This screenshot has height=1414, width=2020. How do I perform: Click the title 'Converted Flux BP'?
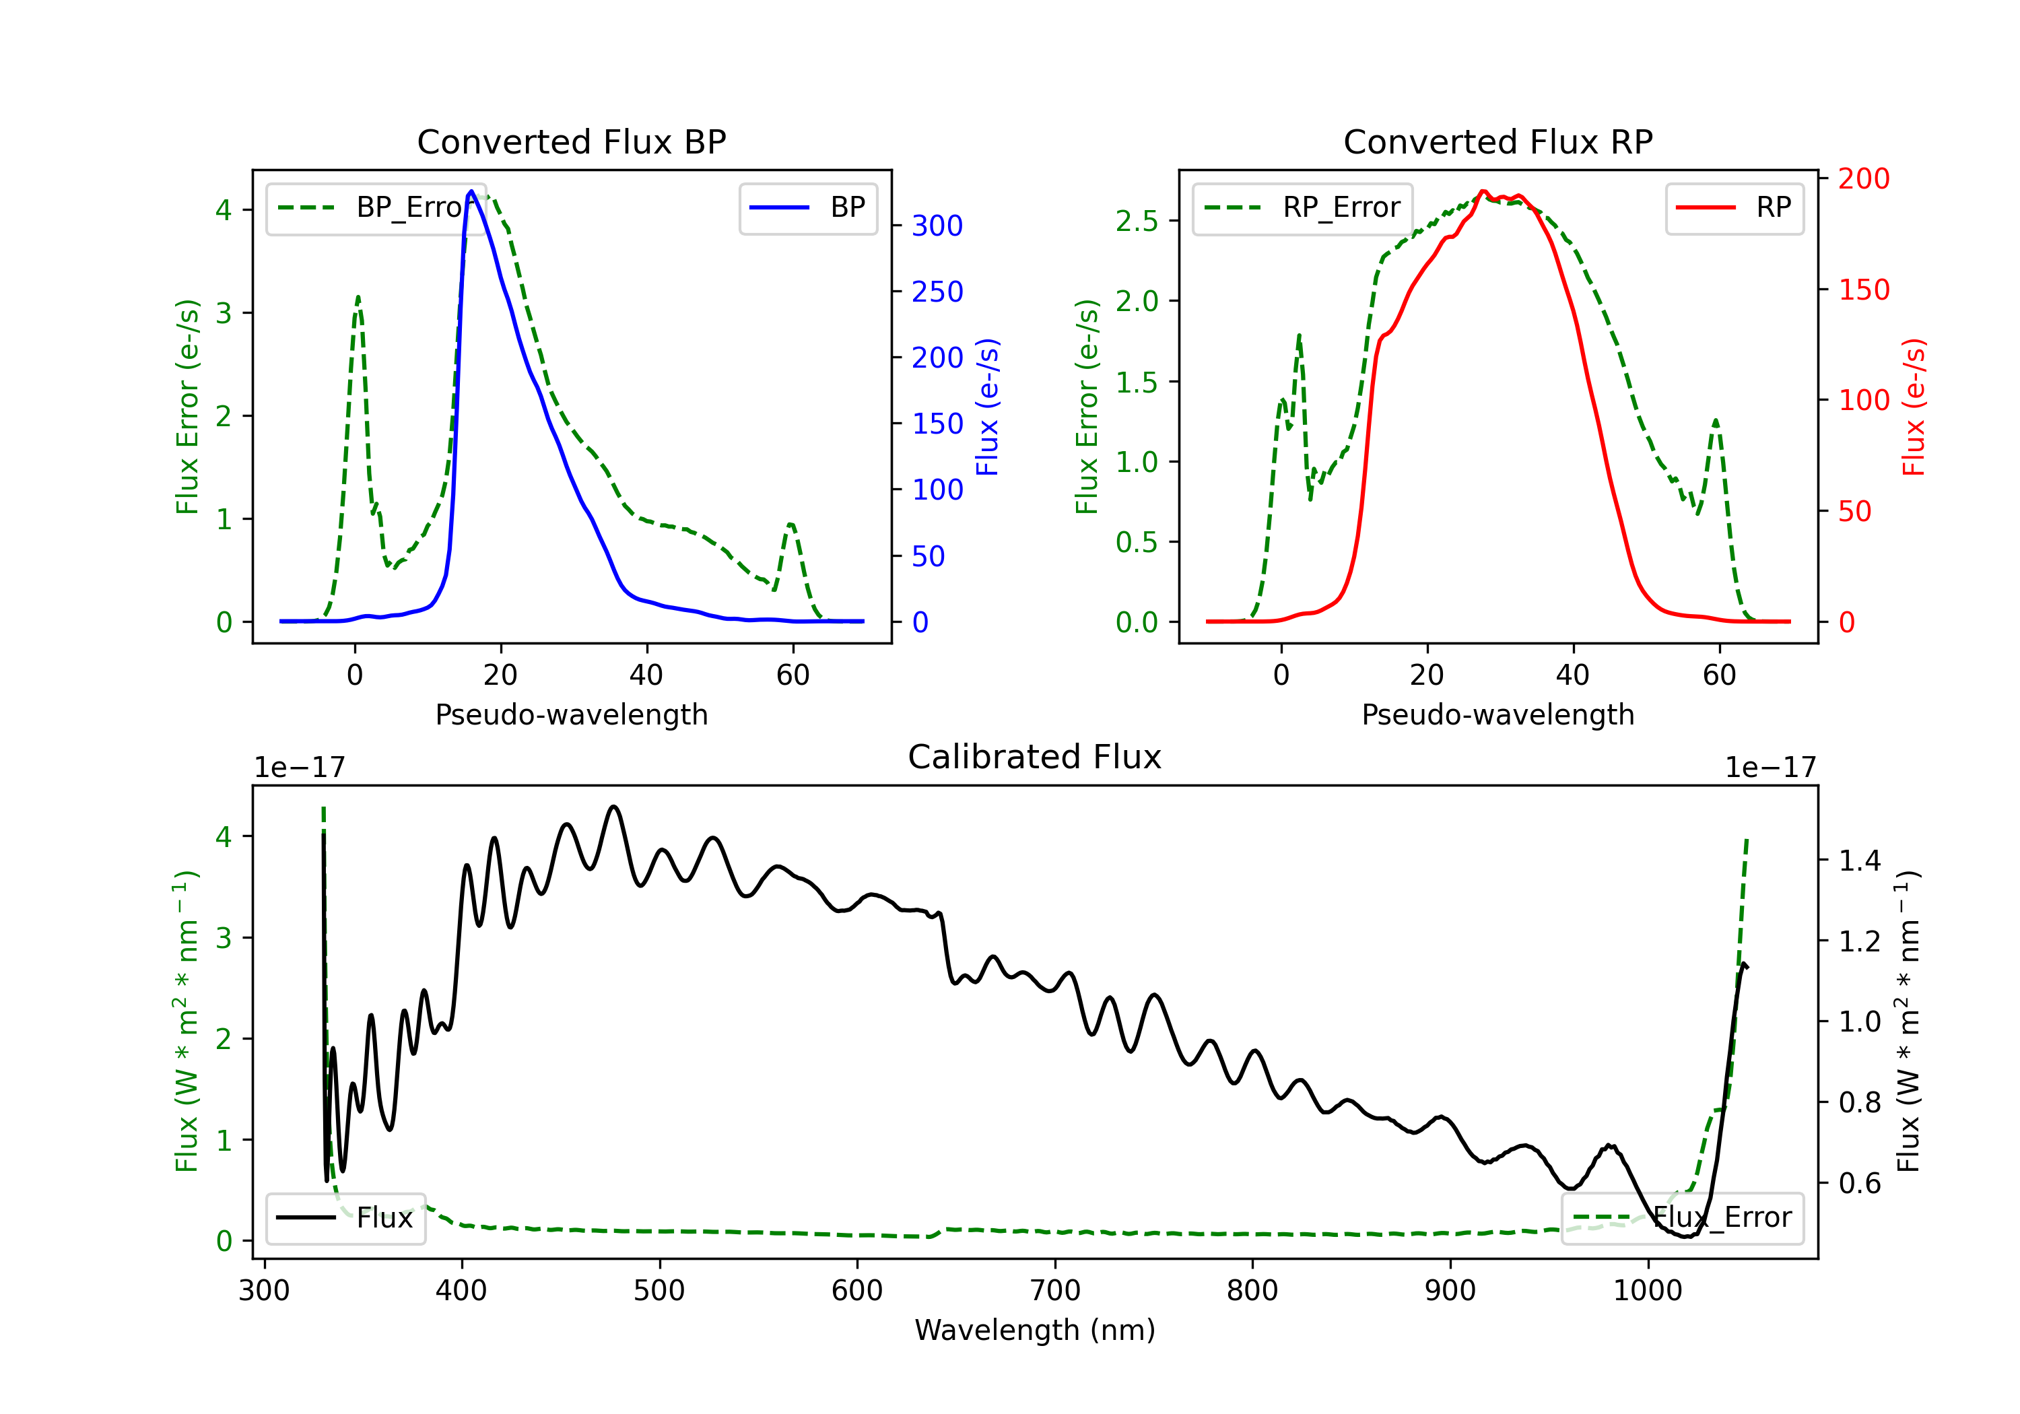571,141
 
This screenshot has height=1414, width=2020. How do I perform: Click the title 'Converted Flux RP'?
1497,141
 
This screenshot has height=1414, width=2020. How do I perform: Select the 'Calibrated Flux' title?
1035,757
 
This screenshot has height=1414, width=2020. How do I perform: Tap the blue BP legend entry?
807,207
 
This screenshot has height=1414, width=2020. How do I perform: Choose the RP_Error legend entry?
1302,207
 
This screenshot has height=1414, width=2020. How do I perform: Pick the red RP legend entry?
1734,207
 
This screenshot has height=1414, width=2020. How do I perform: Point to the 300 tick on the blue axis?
937,226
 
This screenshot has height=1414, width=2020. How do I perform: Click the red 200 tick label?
1863,178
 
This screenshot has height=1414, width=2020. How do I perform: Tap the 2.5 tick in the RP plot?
1137,221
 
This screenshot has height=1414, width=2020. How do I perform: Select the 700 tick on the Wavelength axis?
1055,1291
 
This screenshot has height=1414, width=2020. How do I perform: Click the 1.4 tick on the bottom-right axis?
1860,860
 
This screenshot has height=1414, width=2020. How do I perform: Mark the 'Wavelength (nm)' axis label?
1035,1331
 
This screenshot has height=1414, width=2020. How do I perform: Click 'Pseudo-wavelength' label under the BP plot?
572,714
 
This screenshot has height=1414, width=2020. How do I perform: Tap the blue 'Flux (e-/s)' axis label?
988,407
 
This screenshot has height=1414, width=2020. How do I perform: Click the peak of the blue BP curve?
471,191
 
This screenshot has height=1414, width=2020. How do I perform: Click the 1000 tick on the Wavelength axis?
1648,1291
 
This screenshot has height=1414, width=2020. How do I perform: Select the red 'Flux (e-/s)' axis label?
1914,407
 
